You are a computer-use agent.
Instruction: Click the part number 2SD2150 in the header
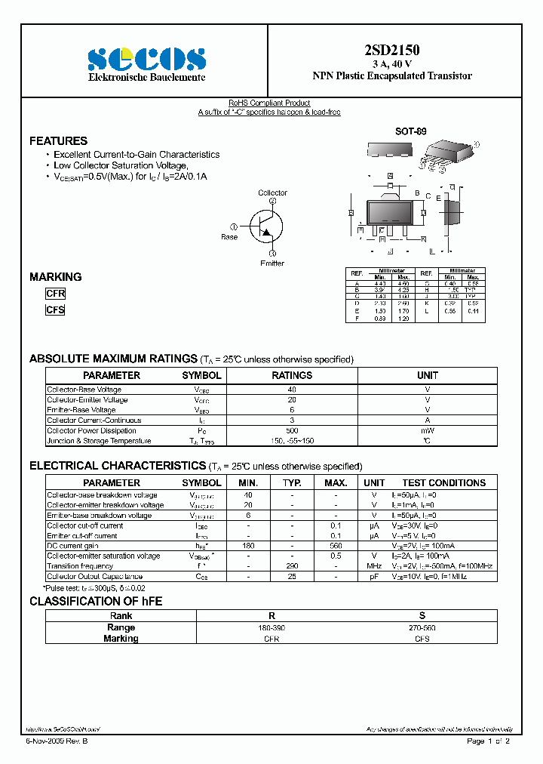[x=392, y=51]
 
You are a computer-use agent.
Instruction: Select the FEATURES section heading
[x=58, y=141]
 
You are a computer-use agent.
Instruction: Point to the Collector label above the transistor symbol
[x=272, y=193]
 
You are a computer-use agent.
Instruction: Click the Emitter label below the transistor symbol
[x=272, y=263]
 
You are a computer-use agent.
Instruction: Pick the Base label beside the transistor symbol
[x=229, y=237]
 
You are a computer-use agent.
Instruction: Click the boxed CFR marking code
[x=56, y=294]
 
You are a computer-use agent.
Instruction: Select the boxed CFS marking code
[x=56, y=310]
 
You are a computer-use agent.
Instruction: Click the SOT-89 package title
[x=410, y=131]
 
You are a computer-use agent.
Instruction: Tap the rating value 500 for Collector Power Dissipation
[x=291, y=430]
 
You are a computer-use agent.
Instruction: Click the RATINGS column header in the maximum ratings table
[x=291, y=375]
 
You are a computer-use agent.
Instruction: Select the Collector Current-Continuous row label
[x=94, y=421]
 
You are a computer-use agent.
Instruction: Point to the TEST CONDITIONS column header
[x=443, y=482]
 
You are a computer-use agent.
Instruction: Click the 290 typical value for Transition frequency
[x=292, y=566]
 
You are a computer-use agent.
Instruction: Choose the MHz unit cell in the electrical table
[x=373, y=566]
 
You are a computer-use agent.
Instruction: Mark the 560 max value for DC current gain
[x=336, y=546]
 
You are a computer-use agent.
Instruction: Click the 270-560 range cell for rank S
[x=422, y=627]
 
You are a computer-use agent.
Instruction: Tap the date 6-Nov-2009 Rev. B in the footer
[x=57, y=741]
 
